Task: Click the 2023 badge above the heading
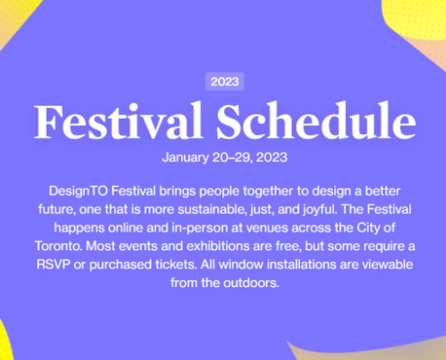tap(224, 82)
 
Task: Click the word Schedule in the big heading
tap(316, 121)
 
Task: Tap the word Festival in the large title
tap(118, 121)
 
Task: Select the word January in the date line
tap(186, 157)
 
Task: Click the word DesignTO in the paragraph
tap(78, 192)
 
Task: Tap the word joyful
tap(320, 210)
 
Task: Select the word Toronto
tap(59, 247)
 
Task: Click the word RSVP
tap(53, 265)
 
